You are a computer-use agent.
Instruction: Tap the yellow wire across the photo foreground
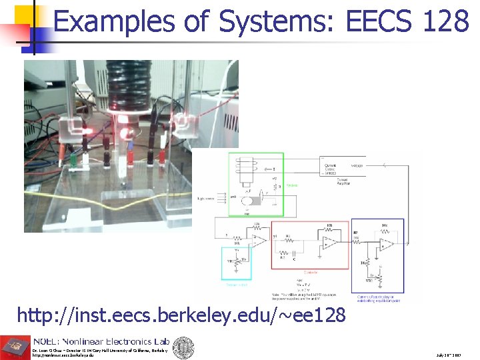100,175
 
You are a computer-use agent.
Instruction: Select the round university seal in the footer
183,346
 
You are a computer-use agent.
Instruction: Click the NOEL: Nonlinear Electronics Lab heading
100,341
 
